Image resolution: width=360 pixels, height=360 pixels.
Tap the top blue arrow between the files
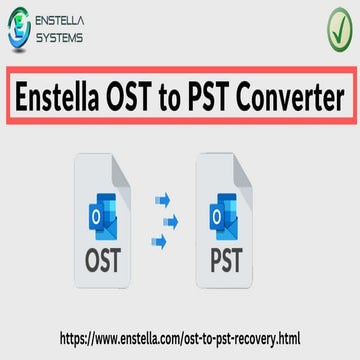click(161, 200)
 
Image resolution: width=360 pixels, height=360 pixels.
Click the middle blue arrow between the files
click(170, 219)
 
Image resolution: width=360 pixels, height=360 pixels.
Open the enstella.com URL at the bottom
click(180, 339)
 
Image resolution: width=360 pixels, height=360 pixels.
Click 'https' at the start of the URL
click(76, 339)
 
